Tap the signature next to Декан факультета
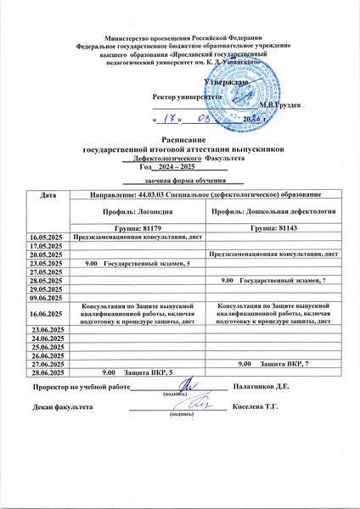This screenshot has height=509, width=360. tap(195, 406)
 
